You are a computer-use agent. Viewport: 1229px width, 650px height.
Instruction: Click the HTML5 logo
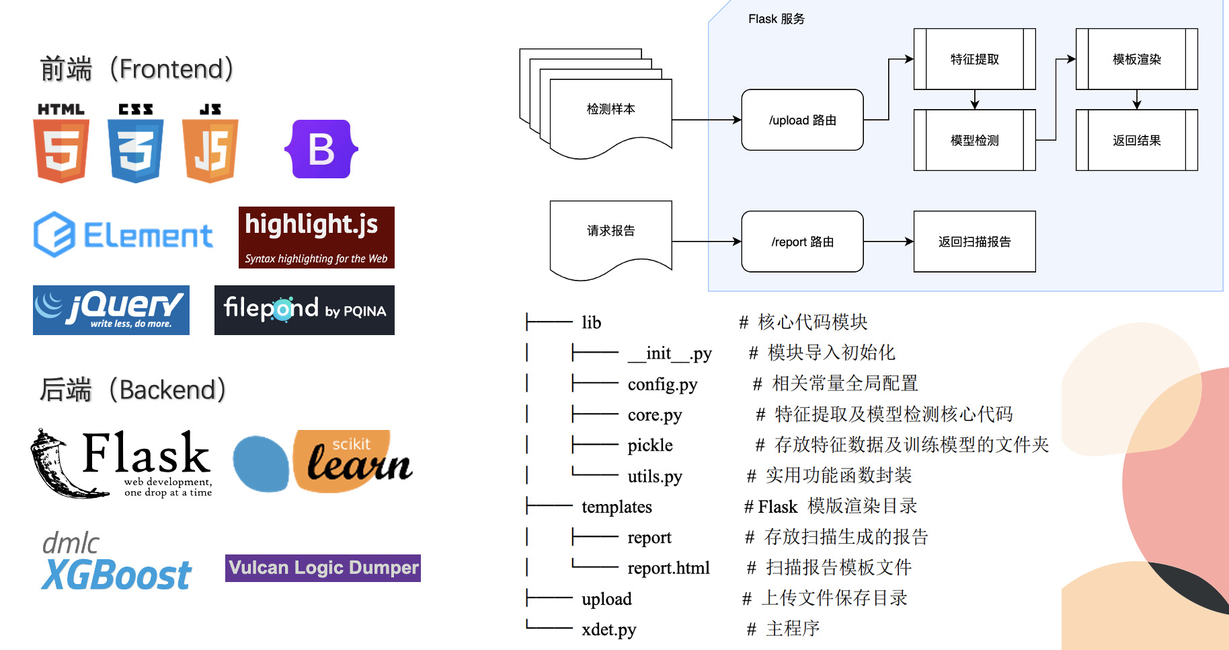(61, 143)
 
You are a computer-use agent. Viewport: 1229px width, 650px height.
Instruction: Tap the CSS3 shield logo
(136, 143)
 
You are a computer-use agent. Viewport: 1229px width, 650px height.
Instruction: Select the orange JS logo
(210, 143)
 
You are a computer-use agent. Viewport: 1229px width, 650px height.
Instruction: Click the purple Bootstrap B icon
(321, 149)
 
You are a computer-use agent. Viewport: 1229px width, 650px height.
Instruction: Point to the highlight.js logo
(316, 237)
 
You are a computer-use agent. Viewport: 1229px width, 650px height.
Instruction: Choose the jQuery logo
(111, 310)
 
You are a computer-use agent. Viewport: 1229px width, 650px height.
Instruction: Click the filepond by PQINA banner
(304, 310)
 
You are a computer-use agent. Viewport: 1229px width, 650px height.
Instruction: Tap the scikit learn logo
(323, 462)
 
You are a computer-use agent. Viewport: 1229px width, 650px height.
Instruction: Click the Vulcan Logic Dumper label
(323, 568)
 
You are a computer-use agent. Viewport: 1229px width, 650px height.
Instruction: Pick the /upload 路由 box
(802, 120)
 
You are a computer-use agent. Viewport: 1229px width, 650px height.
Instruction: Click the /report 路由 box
(802, 242)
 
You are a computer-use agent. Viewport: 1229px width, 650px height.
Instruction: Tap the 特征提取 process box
(974, 59)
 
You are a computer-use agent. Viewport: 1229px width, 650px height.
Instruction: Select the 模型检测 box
(974, 140)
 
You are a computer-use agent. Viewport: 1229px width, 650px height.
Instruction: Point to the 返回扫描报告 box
(974, 242)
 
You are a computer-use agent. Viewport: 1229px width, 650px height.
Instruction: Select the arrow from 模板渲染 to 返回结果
(1136, 100)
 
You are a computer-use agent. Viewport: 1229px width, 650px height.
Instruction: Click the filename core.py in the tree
(654, 415)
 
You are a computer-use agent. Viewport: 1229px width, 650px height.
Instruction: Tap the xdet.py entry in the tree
(608, 630)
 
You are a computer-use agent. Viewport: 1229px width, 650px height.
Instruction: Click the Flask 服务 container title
(776, 19)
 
